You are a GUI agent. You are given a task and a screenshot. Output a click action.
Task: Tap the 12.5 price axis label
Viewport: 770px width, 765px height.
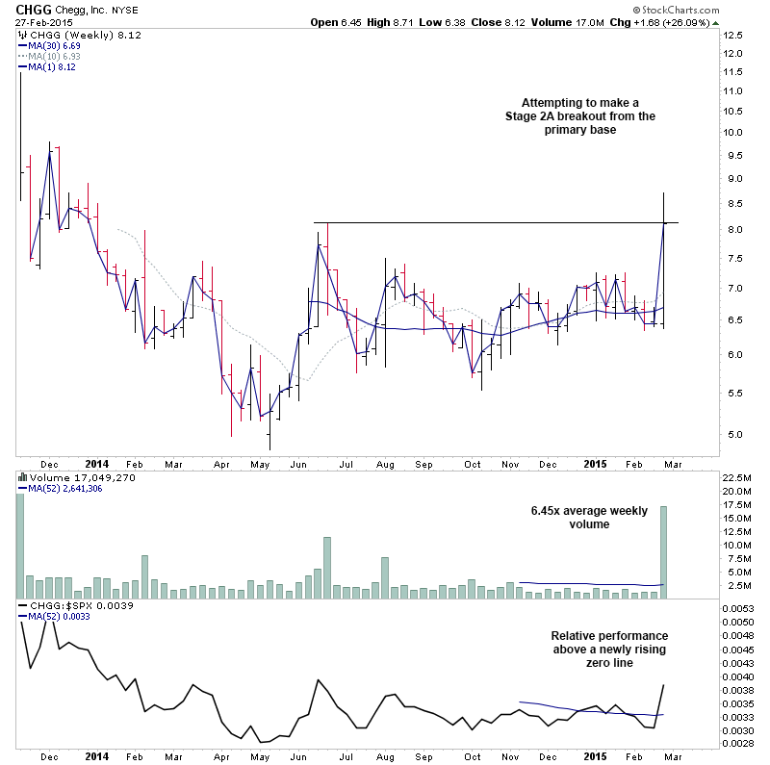(734, 34)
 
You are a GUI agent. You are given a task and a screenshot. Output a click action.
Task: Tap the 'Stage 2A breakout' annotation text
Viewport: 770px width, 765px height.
(579, 116)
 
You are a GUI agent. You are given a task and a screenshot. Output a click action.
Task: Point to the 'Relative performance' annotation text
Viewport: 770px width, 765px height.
(609, 636)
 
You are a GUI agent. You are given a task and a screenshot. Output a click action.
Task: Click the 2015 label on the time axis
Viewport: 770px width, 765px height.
(597, 463)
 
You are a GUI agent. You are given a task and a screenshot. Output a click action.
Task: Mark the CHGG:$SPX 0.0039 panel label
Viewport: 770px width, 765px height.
(77, 605)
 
